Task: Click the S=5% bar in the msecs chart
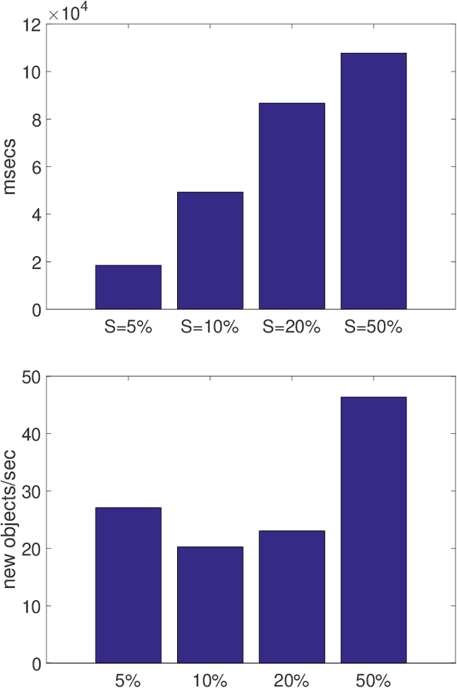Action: coord(129,287)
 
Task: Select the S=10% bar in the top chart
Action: coord(210,251)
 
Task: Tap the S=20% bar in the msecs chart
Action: coord(291,206)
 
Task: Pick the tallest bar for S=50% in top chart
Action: coord(373,181)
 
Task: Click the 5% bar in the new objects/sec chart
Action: coord(129,585)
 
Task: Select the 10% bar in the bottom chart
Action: coord(210,604)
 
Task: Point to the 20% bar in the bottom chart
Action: coord(291,597)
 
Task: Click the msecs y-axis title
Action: coord(11,166)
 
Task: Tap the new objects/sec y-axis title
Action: coord(11,520)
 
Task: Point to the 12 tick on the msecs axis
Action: coord(31,24)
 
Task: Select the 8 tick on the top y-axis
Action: coord(35,119)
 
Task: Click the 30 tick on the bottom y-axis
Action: coord(31,491)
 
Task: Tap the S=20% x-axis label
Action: coord(291,328)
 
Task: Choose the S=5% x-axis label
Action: coord(129,328)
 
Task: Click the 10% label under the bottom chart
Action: coord(210,679)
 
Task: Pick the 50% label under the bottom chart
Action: coord(373,679)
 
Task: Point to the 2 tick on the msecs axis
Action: coord(35,262)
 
